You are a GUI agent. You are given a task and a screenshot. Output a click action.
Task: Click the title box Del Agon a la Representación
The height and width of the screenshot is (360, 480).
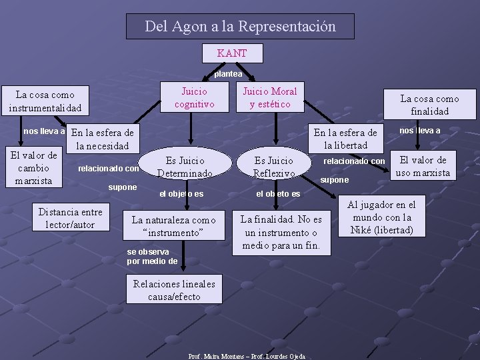point(240,27)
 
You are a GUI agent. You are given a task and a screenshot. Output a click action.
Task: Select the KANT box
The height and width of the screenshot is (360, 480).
point(232,53)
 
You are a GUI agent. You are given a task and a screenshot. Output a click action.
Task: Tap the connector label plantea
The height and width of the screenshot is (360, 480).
point(228,73)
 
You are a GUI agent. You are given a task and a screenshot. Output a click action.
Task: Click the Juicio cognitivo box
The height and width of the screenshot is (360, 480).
point(194,97)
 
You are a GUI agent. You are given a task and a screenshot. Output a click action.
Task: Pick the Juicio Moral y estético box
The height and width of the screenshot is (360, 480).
point(269,97)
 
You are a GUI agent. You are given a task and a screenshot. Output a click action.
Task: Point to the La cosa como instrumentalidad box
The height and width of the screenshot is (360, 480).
point(45,101)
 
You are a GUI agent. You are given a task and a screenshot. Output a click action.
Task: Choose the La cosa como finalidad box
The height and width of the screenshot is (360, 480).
point(429,105)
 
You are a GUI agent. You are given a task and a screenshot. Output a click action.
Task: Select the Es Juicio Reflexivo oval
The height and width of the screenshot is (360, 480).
point(274,167)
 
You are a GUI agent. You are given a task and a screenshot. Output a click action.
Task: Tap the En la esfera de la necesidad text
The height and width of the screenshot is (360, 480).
point(102,139)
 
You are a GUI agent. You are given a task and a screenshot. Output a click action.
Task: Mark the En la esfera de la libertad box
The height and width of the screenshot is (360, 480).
point(345,139)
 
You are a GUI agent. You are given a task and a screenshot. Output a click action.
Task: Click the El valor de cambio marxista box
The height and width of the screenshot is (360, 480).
point(33,168)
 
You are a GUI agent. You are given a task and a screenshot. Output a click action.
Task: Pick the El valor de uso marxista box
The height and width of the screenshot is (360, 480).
point(423,166)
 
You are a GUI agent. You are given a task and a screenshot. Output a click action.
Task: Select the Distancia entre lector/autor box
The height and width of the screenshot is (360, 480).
point(70,218)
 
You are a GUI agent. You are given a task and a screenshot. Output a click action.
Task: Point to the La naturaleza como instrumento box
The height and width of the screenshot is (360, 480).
point(173,227)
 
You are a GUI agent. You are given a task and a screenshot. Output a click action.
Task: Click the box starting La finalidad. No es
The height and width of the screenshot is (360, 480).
point(281,233)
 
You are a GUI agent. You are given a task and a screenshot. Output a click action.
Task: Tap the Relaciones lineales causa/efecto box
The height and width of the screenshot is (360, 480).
point(174,290)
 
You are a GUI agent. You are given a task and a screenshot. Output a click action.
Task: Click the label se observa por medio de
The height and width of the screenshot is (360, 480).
point(152,256)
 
